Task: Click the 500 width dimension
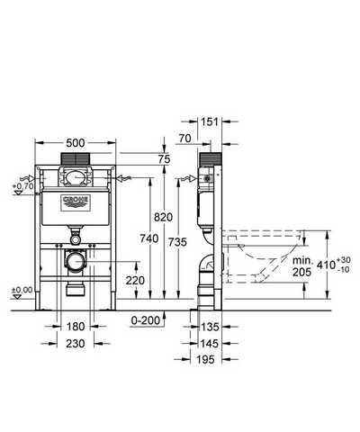(x=76, y=143)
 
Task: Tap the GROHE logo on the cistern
(x=76, y=203)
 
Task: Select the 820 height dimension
(x=164, y=217)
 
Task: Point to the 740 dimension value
(x=149, y=238)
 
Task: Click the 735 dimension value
(x=177, y=242)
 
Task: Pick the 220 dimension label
(x=135, y=281)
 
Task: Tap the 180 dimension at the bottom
(x=76, y=327)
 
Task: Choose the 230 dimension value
(x=76, y=344)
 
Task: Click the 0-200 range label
(x=146, y=320)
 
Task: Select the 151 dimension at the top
(x=210, y=121)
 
